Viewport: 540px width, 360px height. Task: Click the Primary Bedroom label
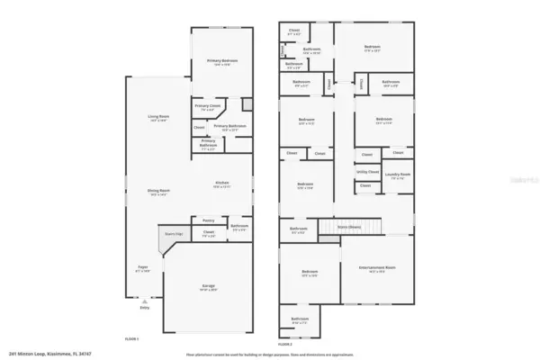(211, 61)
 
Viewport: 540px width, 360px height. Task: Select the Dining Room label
(159, 191)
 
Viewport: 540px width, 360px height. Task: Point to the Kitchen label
(221, 184)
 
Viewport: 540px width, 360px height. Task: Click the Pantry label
(208, 219)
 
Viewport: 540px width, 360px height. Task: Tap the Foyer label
(142, 268)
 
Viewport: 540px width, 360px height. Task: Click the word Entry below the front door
(145, 307)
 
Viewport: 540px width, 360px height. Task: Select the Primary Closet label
(206, 108)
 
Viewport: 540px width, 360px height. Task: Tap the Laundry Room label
(397, 175)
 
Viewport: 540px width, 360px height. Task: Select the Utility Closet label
(367, 171)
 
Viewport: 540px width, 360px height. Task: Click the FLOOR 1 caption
(131, 337)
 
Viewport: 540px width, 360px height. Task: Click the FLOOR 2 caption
(285, 344)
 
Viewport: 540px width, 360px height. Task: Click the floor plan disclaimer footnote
(270, 355)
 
